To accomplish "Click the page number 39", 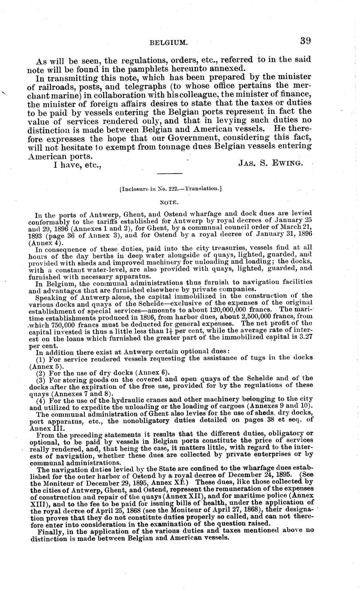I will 305,41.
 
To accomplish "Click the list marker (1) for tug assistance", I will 41,358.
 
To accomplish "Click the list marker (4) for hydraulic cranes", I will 41,400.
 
